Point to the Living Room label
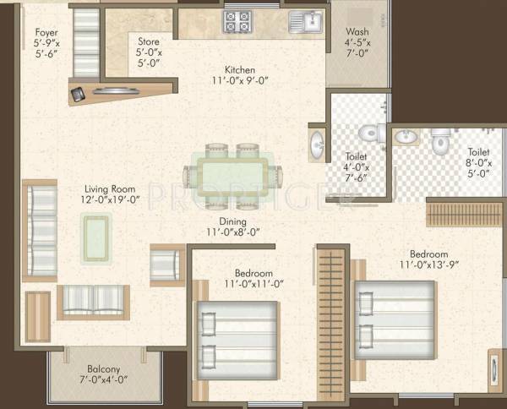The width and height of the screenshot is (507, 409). (111, 194)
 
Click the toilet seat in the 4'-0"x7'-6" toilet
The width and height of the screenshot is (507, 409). (369, 134)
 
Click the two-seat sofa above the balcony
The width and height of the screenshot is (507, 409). (93, 302)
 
